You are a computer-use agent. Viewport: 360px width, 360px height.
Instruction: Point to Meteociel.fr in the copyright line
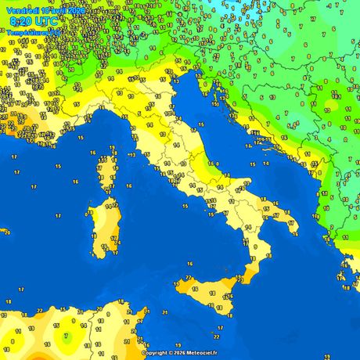tap(200, 353)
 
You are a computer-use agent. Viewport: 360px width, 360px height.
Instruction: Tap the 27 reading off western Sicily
tap(189, 277)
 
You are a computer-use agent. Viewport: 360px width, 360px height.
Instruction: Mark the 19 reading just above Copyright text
tap(151, 342)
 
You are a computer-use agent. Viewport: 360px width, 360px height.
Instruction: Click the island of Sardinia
tap(103, 228)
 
